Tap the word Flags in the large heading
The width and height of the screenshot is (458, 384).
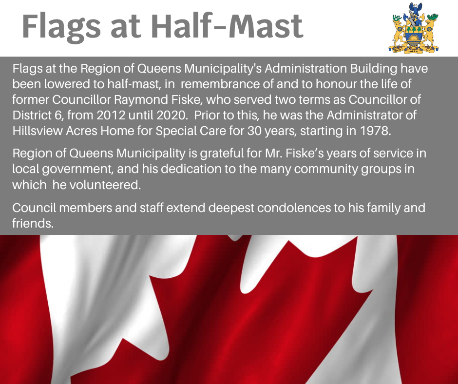pyautogui.click(x=61, y=28)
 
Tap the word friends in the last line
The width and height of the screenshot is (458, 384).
pyautogui.click(x=33, y=223)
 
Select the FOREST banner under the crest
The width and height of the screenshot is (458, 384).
pyautogui.click(x=413, y=52)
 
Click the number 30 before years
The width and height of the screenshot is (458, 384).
pyautogui.click(x=254, y=131)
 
